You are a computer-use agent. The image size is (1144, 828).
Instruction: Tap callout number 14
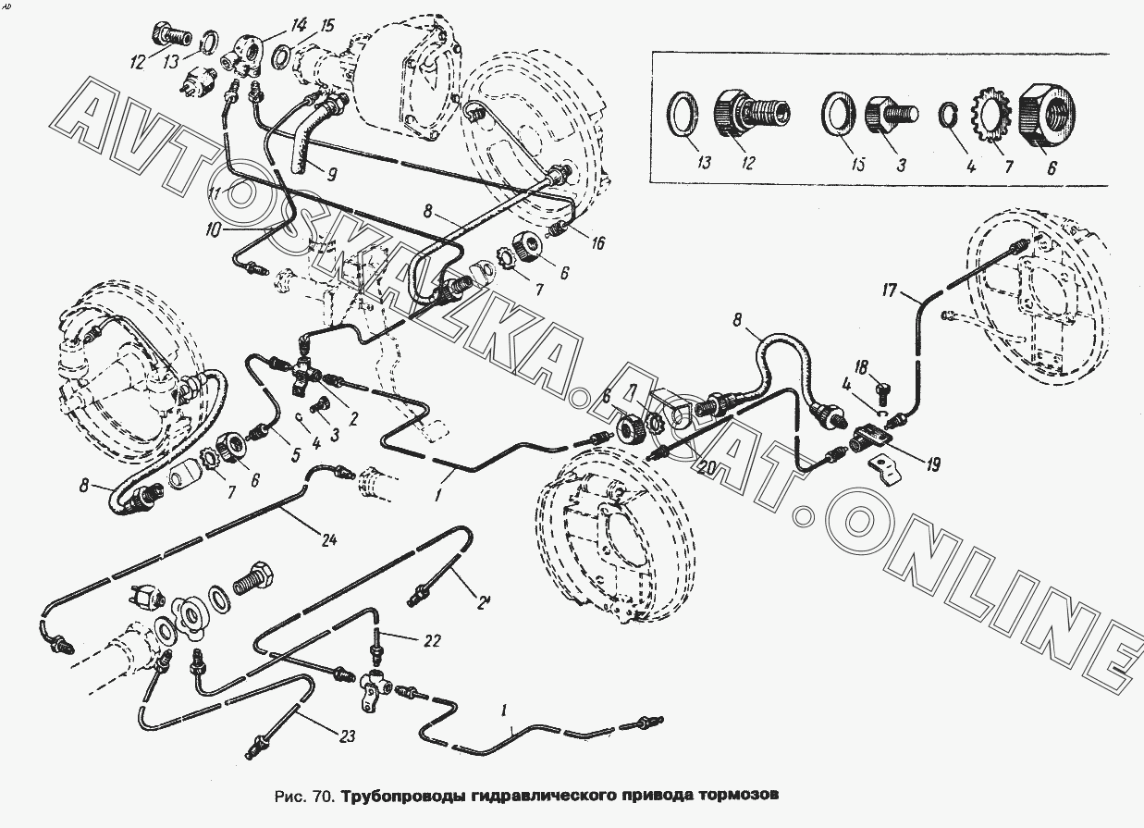click(272, 24)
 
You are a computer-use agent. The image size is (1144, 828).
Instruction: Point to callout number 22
click(407, 640)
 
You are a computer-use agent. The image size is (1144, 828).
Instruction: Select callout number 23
click(345, 736)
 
